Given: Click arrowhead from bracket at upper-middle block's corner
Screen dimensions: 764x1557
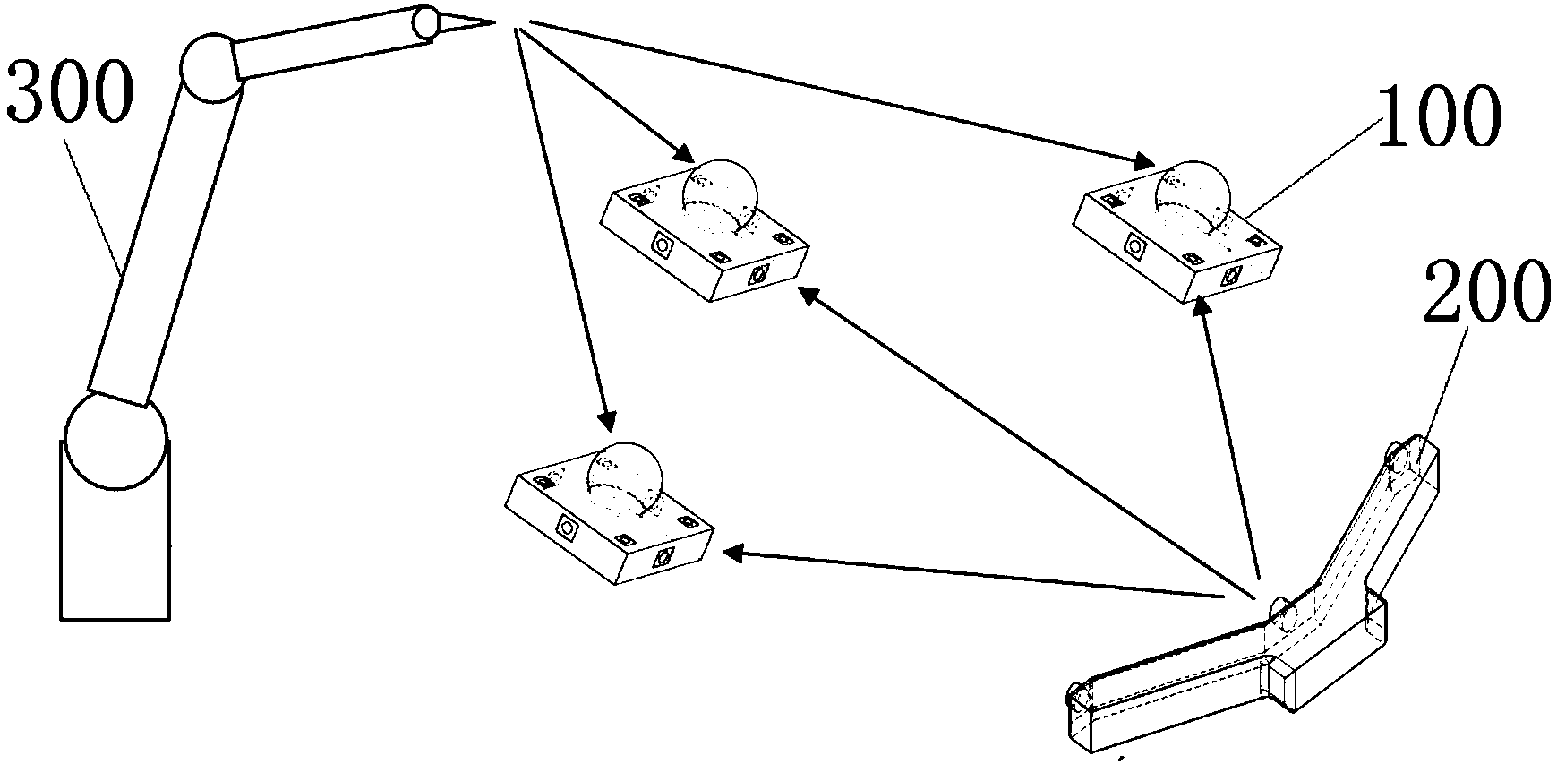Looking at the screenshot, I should [807, 296].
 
